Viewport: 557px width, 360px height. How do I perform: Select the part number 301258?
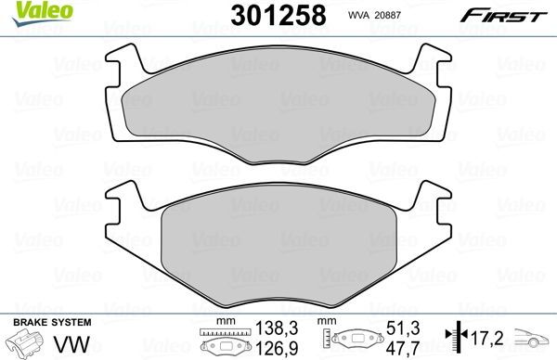tap(269, 15)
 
